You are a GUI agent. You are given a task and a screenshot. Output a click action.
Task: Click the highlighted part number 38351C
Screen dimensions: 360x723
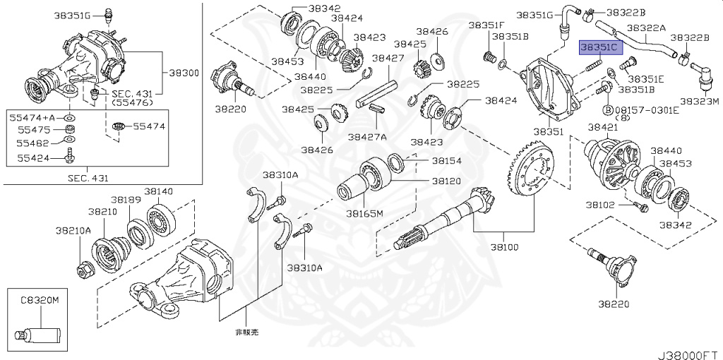pos(599,47)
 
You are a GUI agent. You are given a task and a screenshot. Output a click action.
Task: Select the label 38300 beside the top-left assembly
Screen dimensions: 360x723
pos(184,73)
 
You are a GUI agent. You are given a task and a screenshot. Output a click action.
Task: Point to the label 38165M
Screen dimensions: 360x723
pos(364,212)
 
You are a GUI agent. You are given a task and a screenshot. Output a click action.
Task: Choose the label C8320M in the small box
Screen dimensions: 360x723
pos(38,300)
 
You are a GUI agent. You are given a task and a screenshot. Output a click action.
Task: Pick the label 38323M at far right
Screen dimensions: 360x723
pos(699,101)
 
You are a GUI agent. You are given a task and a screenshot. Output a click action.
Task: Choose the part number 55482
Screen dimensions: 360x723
pos(30,143)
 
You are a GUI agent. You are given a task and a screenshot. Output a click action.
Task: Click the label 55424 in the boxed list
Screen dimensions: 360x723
pos(30,159)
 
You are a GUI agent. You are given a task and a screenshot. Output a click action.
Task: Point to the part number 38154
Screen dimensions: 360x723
pos(446,160)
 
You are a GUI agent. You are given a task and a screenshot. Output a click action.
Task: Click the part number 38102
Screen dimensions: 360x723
pos(599,205)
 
